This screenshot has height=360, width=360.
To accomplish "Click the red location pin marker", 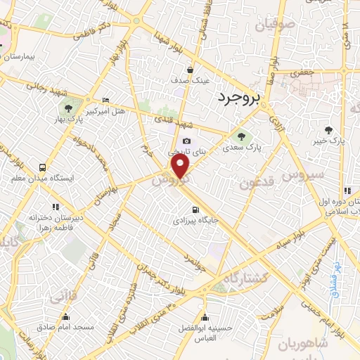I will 181,167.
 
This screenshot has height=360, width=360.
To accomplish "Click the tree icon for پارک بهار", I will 68,108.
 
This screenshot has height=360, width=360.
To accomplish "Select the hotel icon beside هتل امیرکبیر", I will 105,100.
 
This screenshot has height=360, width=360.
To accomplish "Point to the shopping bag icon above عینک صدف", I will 191,70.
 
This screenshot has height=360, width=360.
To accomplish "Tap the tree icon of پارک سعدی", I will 241,137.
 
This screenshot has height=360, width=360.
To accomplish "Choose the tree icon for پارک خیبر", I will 328,130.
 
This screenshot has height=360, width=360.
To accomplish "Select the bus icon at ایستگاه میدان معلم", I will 44,168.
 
